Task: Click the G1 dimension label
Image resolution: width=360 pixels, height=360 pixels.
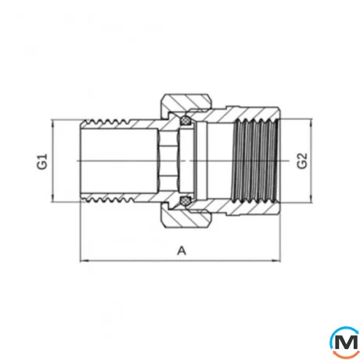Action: pos(44,163)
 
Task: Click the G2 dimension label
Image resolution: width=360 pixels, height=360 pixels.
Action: pos(304,162)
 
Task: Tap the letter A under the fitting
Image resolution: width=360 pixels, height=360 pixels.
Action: pos(182,250)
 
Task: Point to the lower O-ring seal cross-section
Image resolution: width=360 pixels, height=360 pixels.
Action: pos(185,203)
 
